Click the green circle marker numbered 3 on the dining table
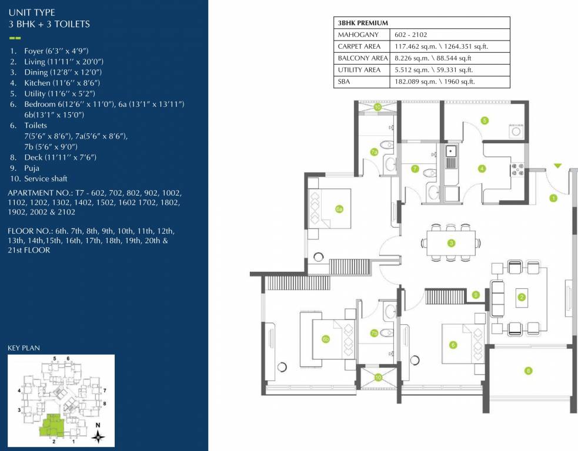click(451, 243)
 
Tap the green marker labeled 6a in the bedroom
click(339, 208)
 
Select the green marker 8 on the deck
click(528, 371)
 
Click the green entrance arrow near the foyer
click(557, 167)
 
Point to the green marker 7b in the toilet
click(374, 333)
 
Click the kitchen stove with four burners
click(519, 169)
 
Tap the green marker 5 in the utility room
click(485, 120)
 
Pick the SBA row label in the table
click(344, 82)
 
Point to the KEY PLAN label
click(24, 348)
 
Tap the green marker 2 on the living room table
click(521, 297)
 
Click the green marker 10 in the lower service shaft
click(378, 377)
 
